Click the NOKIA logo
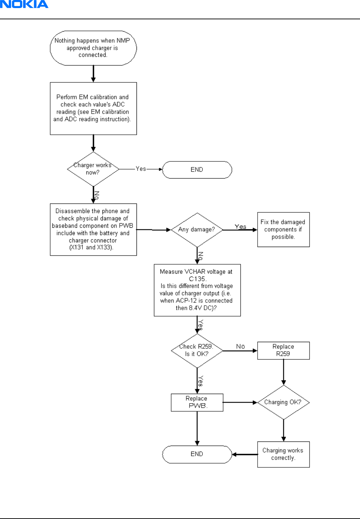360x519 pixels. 24,4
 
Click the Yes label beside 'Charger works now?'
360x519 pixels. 141,169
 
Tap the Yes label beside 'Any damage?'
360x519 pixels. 240,227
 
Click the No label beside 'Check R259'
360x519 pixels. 240,346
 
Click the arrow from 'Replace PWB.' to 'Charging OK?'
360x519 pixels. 240,402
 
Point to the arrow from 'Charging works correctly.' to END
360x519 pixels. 245,454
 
